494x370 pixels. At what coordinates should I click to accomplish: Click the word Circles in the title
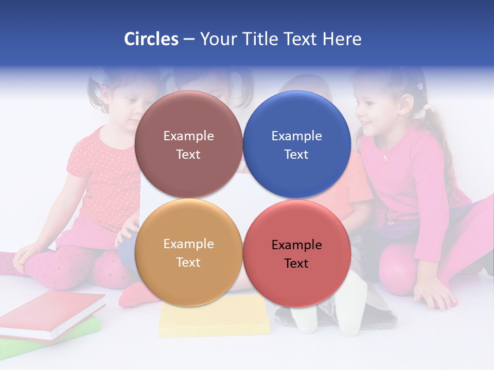[x=151, y=39]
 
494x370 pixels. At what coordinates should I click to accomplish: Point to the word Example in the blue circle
[x=296, y=136]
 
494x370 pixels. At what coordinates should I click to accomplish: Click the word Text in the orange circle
[x=188, y=262]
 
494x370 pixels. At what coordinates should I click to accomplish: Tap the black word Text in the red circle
[x=296, y=263]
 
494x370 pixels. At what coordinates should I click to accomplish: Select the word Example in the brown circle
[x=188, y=136]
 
